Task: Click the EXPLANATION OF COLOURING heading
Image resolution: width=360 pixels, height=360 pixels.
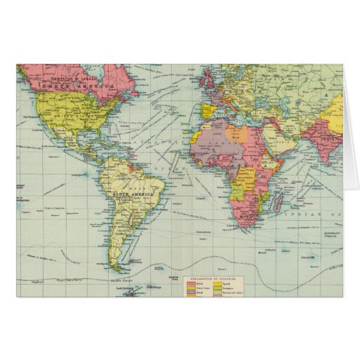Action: [209, 278]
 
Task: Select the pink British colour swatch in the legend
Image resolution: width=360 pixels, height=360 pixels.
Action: [181, 285]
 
